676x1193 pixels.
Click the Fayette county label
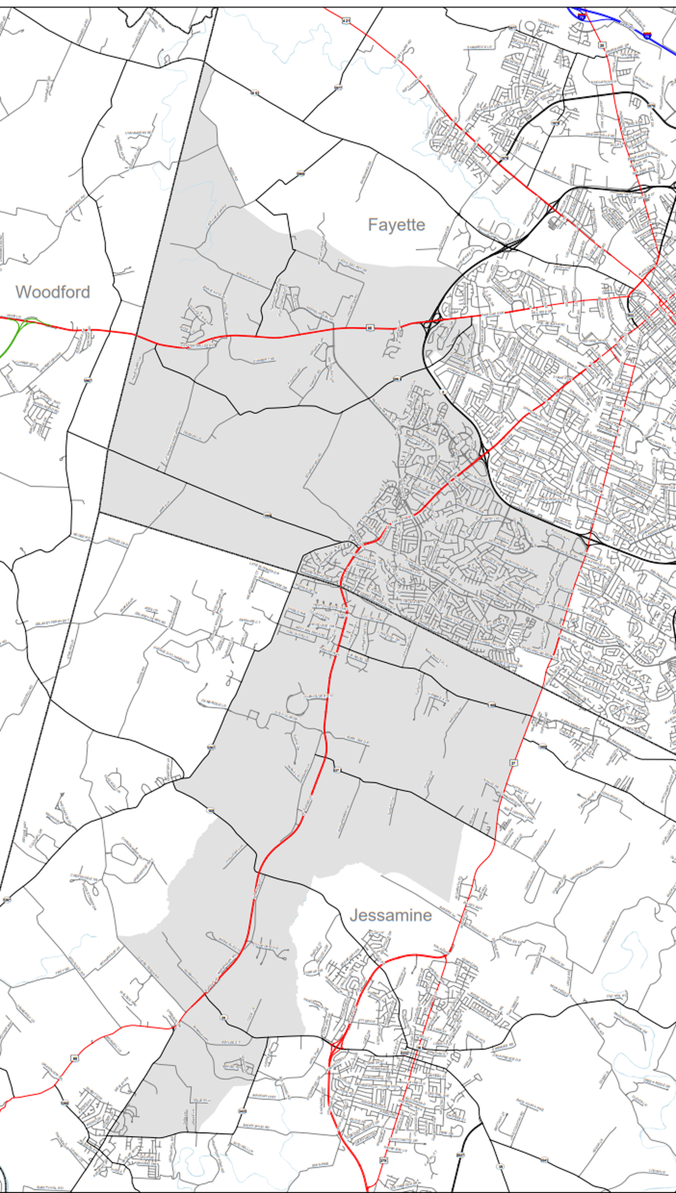pos(396,225)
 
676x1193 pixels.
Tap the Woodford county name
pos(53,292)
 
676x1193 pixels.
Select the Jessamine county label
pos(391,916)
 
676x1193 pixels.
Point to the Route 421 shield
pos(346,20)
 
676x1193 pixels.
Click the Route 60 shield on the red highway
pos(369,327)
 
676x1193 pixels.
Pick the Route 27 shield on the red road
pos(514,762)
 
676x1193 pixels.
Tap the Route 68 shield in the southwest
pos(75,1058)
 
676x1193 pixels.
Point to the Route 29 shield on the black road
pos(224,1018)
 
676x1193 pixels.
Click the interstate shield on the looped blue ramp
pos(582,18)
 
